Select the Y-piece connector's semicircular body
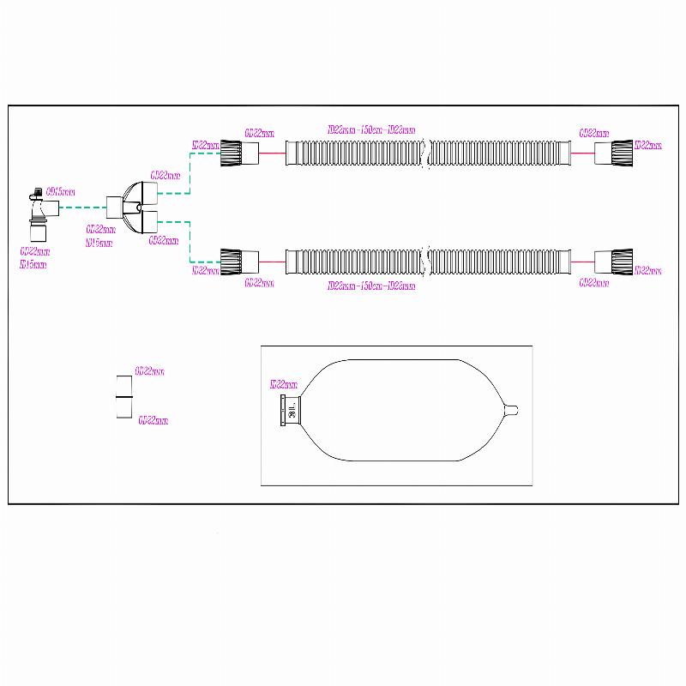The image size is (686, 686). click(x=132, y=208)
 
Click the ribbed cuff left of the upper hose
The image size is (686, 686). click(x=232, y=153)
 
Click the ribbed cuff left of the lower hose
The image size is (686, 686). click(x=232, y=261)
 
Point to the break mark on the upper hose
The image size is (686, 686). click(x=428, y=153)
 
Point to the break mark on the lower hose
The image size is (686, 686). click(x=428, y=261)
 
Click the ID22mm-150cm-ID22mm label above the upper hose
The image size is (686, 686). click(x=371, y=130)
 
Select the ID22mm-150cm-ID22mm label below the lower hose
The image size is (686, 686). click(x=371, y=286)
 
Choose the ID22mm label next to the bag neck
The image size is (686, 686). click(x=283, y=385)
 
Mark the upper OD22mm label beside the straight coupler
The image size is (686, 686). click(x=150, y=372)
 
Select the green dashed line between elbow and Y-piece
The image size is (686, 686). click(x=77, y=208)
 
